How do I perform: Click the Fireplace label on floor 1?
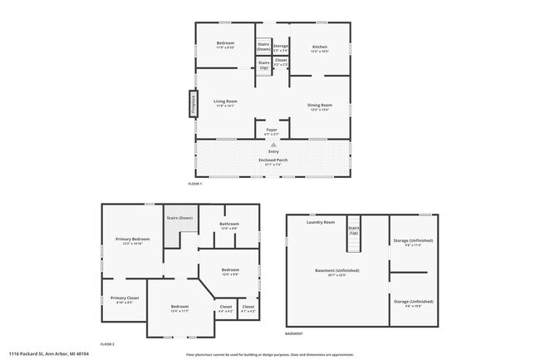193,104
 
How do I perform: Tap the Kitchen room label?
320,47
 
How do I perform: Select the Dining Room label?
320,105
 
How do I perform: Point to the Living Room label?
225,102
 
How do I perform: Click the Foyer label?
272,131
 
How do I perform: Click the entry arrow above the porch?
272,145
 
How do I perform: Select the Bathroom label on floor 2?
229,224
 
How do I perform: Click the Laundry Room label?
320,222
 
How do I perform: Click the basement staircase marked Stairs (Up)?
353,235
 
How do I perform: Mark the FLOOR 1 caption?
195,183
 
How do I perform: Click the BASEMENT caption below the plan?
294,333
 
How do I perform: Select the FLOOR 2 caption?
107,343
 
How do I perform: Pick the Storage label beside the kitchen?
281,47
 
